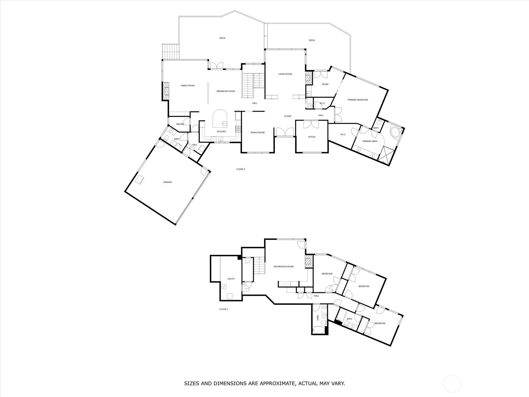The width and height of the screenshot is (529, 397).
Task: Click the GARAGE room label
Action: coord(168,182)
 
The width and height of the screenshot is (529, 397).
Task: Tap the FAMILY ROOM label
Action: coord(187,86)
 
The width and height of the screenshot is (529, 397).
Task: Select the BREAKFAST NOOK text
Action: coord(226,91)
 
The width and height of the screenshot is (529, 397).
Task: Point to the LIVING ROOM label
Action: coord(285,74)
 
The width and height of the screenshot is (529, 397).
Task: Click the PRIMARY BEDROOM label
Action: coord(358,100)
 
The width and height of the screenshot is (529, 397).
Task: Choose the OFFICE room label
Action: coord(312,137)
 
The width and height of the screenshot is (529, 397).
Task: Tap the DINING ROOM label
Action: coord(257,133)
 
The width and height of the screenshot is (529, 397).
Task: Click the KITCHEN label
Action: coord(222,132)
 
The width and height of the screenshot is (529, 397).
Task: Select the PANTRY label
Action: coord(180,124)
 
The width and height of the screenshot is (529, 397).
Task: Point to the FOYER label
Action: coord(288,116)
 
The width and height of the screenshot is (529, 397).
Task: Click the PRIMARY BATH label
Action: coord(370,141)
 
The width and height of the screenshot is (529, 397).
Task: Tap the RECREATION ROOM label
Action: coord(283,267)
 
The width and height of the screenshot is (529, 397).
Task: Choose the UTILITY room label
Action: coord(231,279)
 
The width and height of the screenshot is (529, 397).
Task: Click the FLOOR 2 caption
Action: coord(241,169)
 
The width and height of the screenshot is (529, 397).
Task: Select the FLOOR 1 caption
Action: coord(224,309)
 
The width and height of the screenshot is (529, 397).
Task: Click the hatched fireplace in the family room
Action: coord(166,91)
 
